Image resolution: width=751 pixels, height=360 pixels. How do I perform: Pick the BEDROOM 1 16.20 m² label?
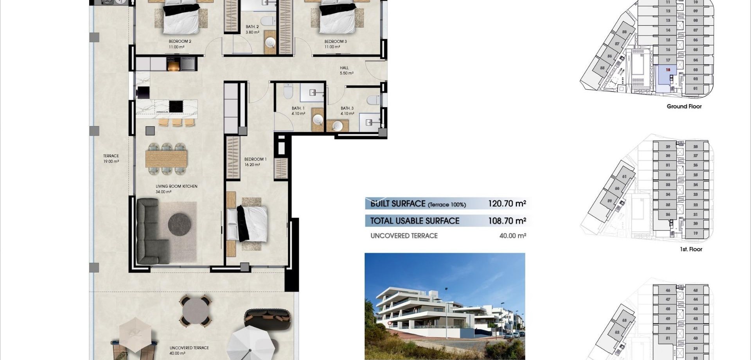pos(255,162)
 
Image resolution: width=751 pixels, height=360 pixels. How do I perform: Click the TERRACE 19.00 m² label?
pos(111,158)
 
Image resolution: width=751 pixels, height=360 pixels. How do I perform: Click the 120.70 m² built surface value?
pos(507,203)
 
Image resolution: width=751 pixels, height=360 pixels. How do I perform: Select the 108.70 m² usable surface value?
pos(507,221)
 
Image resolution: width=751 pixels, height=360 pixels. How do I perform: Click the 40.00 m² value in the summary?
pos(512,236)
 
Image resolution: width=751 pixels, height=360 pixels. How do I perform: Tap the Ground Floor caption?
pos(684,106)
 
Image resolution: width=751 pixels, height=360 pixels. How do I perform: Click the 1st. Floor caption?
pos(691,249)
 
